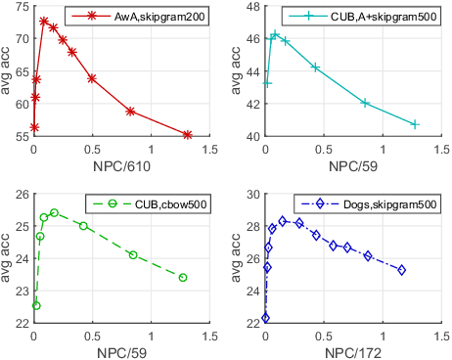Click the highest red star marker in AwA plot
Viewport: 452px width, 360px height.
click(44, 21)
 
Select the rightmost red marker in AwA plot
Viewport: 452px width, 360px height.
click(187, 134)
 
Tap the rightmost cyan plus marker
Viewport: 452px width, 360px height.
click(415, 124)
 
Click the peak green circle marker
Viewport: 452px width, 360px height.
click(54, 212)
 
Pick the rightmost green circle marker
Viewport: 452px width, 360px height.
click(183, 278)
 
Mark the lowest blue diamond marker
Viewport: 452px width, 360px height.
click(265, 318)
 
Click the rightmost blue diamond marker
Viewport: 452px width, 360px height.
click(401, 270)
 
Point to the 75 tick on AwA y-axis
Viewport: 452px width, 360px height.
click(21, 8)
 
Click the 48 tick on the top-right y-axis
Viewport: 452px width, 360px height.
click(251, 8)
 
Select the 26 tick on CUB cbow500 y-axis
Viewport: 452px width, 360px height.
click(21, 194)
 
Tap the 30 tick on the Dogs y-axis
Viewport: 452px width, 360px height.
click(251, 194)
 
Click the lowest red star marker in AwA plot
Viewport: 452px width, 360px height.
click(34, 127)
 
